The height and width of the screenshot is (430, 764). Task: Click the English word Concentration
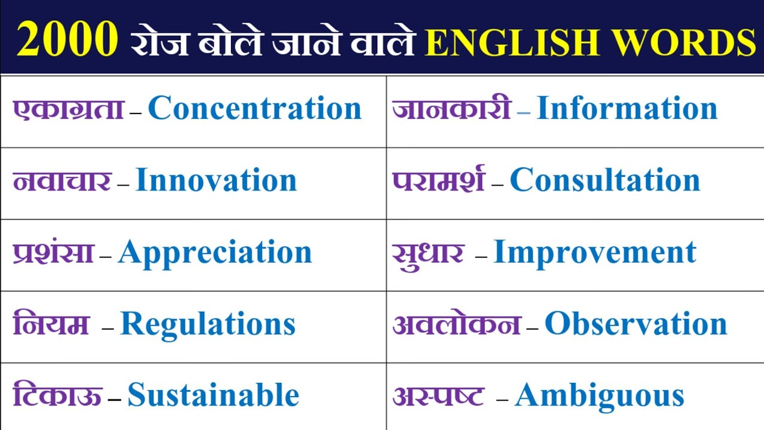pos(255,109)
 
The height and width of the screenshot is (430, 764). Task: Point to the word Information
pos(627,109)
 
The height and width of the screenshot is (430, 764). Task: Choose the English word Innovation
pos(216,180)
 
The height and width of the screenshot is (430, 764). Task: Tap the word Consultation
pos(605,180)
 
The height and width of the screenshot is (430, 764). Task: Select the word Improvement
pos(594,252)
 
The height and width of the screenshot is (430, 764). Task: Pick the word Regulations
pos(208,325)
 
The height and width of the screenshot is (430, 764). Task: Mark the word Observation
pos(636,324)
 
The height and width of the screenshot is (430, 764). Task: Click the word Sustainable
pos(213,395)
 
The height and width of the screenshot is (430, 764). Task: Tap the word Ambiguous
pos(599,395)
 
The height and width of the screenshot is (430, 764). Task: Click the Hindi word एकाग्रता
pos(69,109)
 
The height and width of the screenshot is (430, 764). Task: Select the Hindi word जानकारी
pos(451,109)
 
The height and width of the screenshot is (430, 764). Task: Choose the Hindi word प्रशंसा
pos(54,252)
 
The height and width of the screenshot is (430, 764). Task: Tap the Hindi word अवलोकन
pos(457,324)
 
